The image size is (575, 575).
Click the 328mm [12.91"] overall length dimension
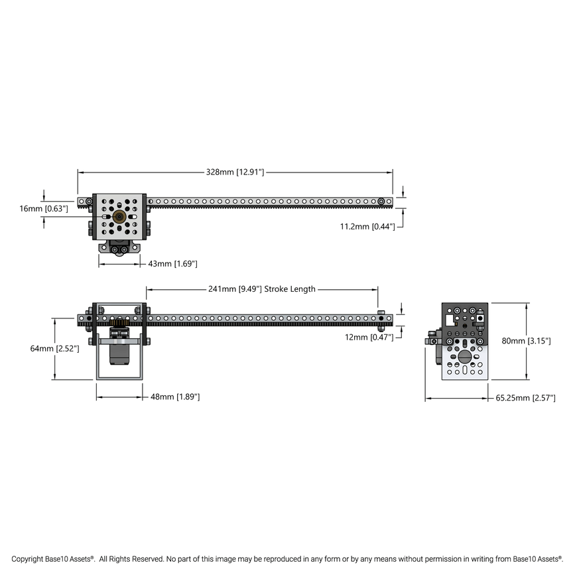click(235, 172)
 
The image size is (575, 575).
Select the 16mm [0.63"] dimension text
click(44, 208)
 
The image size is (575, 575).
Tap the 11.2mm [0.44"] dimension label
click(367, 226)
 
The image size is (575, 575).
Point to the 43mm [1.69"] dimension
click(172, 263)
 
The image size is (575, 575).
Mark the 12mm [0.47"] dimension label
click(369, 337)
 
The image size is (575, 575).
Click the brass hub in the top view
click(119, 217)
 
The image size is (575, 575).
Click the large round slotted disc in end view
click(464, 357)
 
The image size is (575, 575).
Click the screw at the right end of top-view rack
click(381, 201)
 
